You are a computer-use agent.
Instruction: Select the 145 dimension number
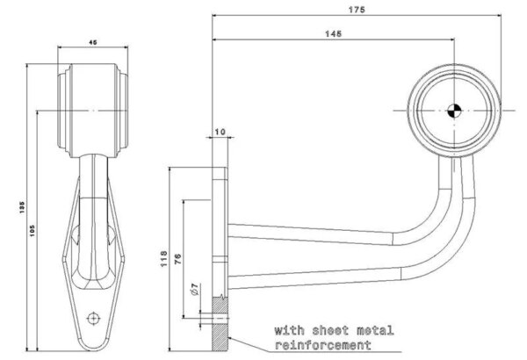333,32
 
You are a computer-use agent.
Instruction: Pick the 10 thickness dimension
219,133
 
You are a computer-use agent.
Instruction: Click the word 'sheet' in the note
328,331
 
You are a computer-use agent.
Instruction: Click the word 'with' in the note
288,331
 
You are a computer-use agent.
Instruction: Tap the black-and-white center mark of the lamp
454,110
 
